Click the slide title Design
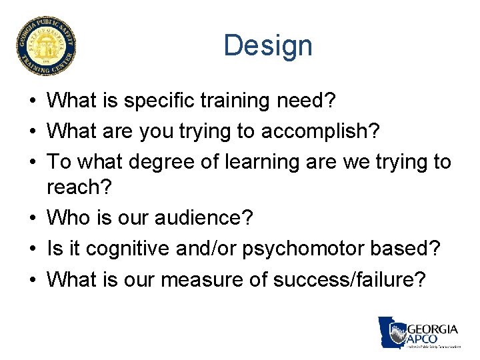(x=267, y=46)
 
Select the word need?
(x=313, y=101)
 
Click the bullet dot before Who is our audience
(x=33, y=218)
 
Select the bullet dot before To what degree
(x=33, y=161)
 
